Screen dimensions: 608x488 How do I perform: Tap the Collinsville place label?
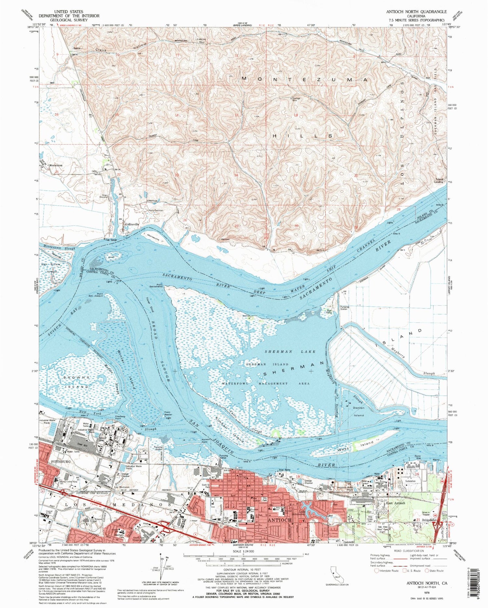[131, 224]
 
